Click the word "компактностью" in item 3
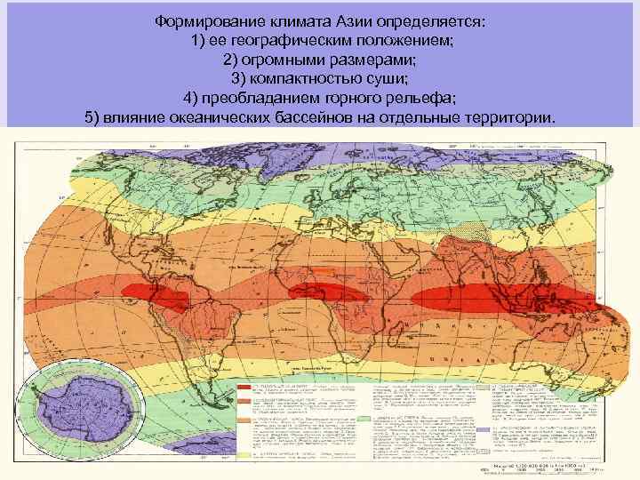(x=300, y=79)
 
